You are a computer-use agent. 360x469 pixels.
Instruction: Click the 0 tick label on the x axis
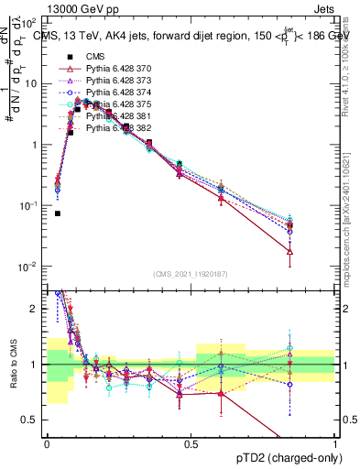47,442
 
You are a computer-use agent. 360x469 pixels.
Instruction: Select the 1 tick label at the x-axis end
334,442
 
